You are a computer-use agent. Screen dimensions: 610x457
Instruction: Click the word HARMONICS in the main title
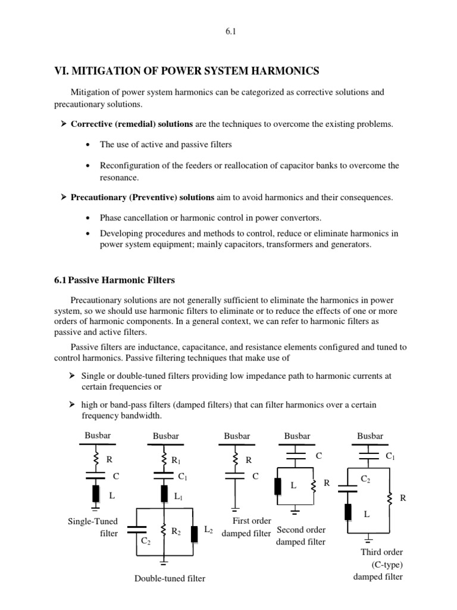(281, 71)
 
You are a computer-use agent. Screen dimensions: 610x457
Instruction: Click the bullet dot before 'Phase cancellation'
(88, 217)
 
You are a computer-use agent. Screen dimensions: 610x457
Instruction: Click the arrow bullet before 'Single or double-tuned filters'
(72, 376)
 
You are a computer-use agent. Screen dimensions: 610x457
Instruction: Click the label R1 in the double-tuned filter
(176, 460)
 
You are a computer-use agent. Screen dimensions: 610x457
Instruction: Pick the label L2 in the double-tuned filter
(208, 529)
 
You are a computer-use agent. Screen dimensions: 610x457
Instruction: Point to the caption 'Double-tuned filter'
(170, 578)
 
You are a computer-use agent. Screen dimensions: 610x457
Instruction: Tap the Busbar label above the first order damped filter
(237, 437)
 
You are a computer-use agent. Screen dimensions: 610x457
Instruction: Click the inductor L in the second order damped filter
(277, 486)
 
